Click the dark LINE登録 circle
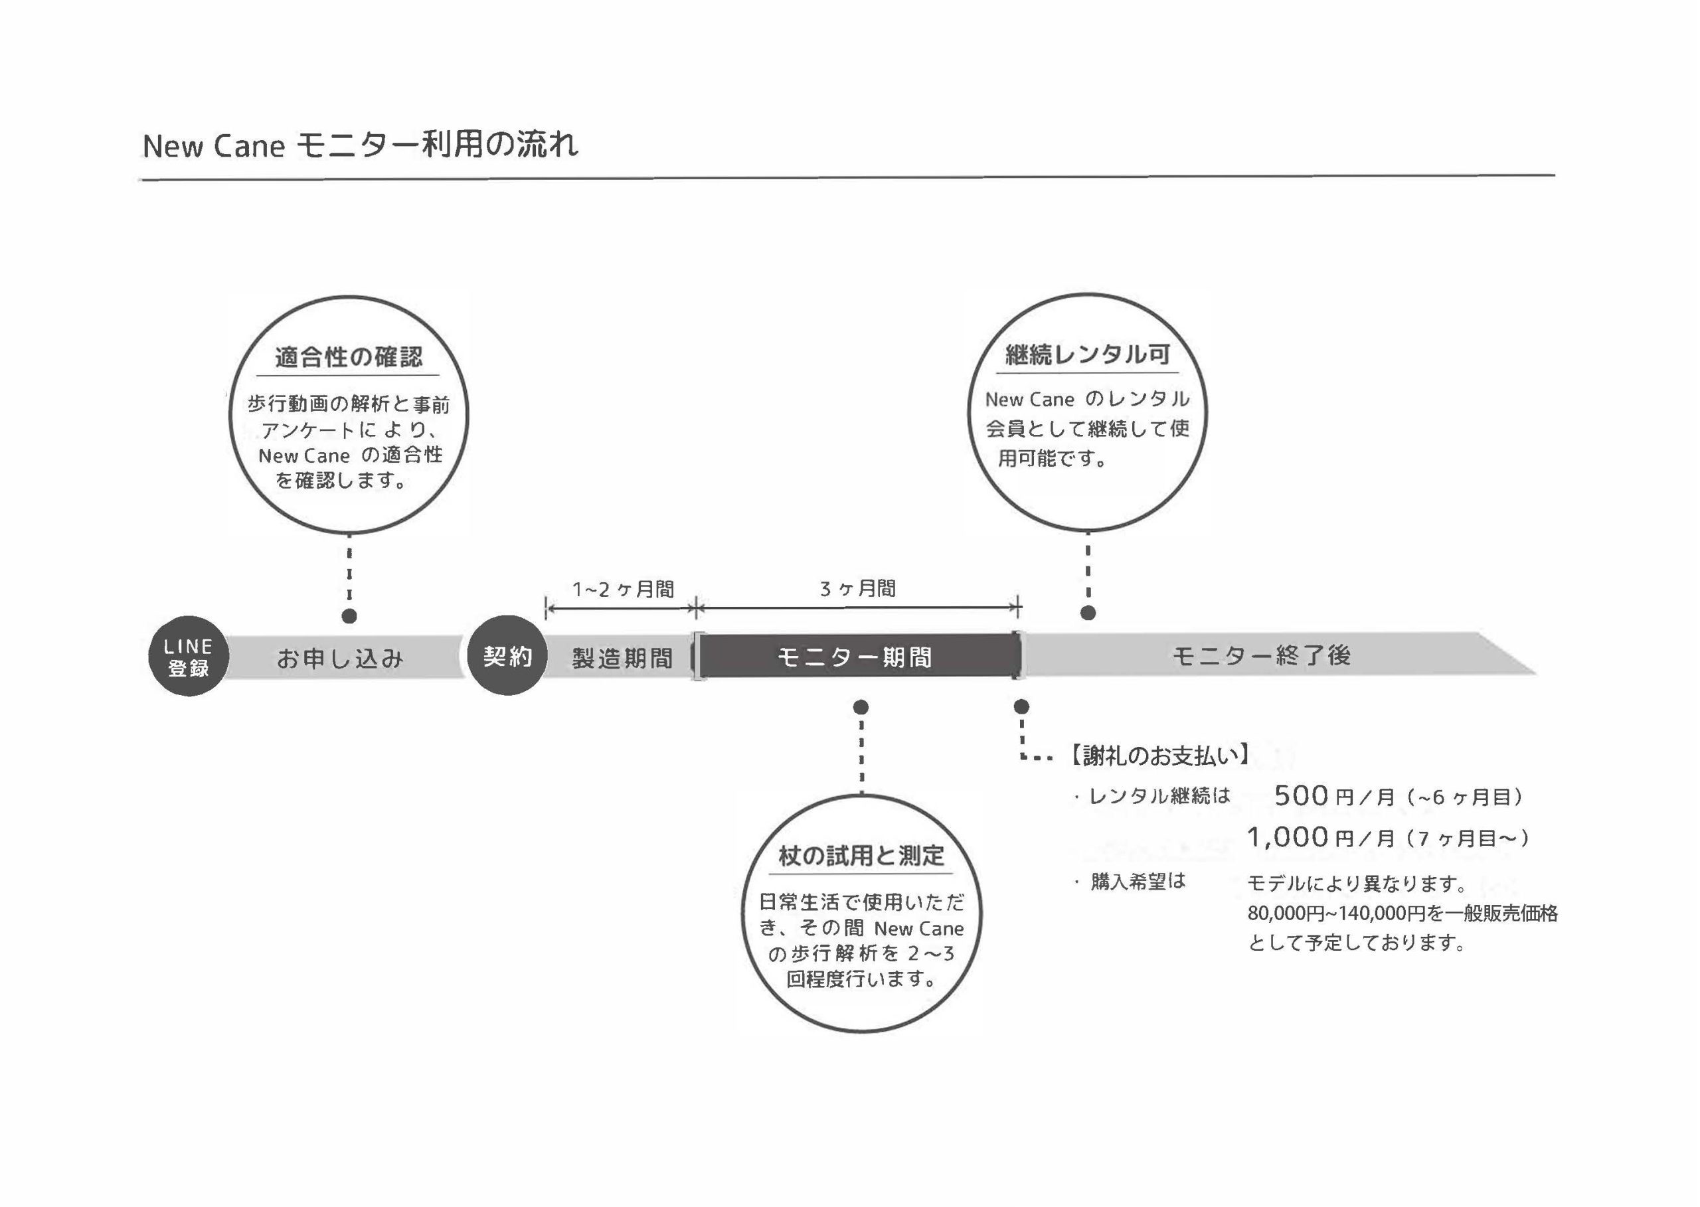[189, 656]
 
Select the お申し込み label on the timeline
[341, 659]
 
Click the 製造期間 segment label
[622, 659]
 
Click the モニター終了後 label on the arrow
[1262, 655]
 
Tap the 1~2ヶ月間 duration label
[623, 590]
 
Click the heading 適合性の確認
[349, 357]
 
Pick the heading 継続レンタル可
[1088, 355]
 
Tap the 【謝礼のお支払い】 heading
[1159, 756]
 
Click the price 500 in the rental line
[1302, 796]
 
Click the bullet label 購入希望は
[1138, 882]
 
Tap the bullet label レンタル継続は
[1159, 797]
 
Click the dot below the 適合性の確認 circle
[349, 616]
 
